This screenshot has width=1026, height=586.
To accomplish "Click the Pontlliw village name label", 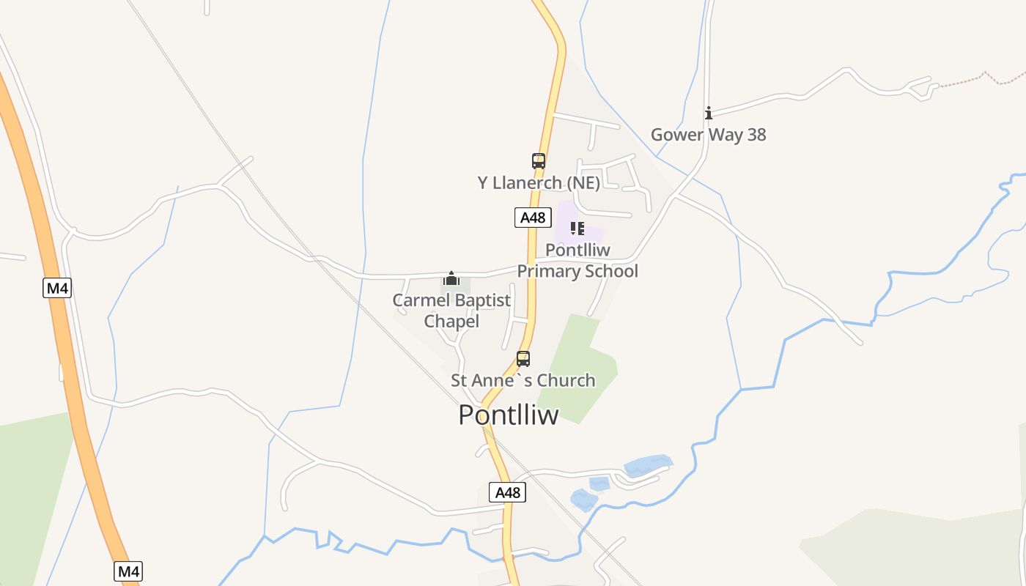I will click(x=508, y=415).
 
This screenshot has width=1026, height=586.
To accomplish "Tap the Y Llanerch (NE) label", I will click(x=539, y=182).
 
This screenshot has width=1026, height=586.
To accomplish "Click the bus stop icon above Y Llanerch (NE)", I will click(x=539, y=161).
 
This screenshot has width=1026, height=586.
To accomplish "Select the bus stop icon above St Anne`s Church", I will click(x=523, y=359).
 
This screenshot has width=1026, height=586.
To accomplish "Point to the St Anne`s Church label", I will click(x=523, y=380).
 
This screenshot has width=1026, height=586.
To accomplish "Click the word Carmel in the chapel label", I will click(x=420, y=300).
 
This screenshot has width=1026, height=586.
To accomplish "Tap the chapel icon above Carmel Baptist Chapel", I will click(x=451, y=278).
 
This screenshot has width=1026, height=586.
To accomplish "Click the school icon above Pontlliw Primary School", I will click(x=577, y=229).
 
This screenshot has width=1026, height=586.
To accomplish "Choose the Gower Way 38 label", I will click(x=708, y=135).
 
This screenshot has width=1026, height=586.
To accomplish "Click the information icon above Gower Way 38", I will click(x=709, y=113).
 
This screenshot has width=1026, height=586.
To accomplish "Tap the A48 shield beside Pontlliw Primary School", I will click(x=533, y=218).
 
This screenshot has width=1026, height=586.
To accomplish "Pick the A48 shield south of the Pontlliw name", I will click(x=507, y=492).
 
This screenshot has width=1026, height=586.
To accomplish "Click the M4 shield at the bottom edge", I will click(x=128, y=571).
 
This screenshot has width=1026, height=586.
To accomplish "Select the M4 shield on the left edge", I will click(x=57, y=288).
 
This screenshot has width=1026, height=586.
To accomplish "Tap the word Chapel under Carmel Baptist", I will click(x=451, y=321).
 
